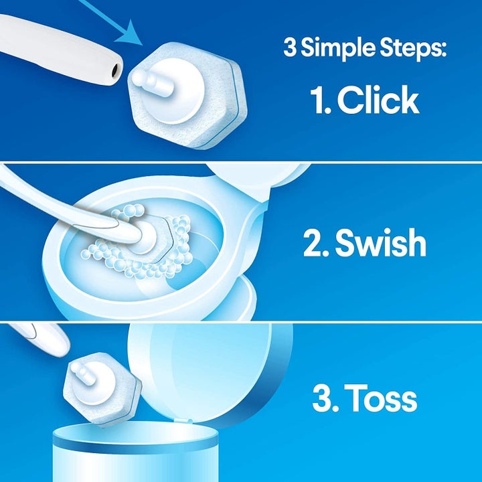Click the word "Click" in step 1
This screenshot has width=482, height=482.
click(x=378, y=100)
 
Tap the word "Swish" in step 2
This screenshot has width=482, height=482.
click(x=381, y=244)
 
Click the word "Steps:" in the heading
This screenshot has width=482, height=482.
click(x=411, y=50)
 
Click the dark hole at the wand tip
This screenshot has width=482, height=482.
click(x=116, y=68)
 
